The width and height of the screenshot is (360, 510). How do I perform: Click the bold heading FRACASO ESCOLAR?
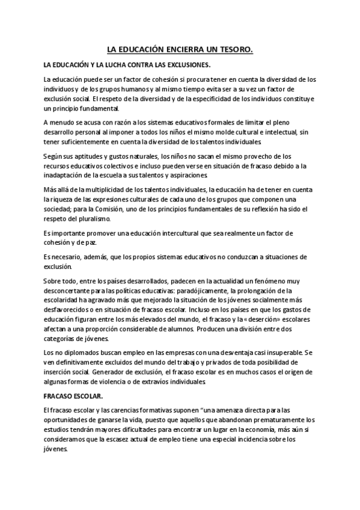pyautogui.click(x=73, y=396)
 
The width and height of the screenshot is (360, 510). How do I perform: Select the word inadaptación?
pyautogui.click(x=64, y=175)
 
